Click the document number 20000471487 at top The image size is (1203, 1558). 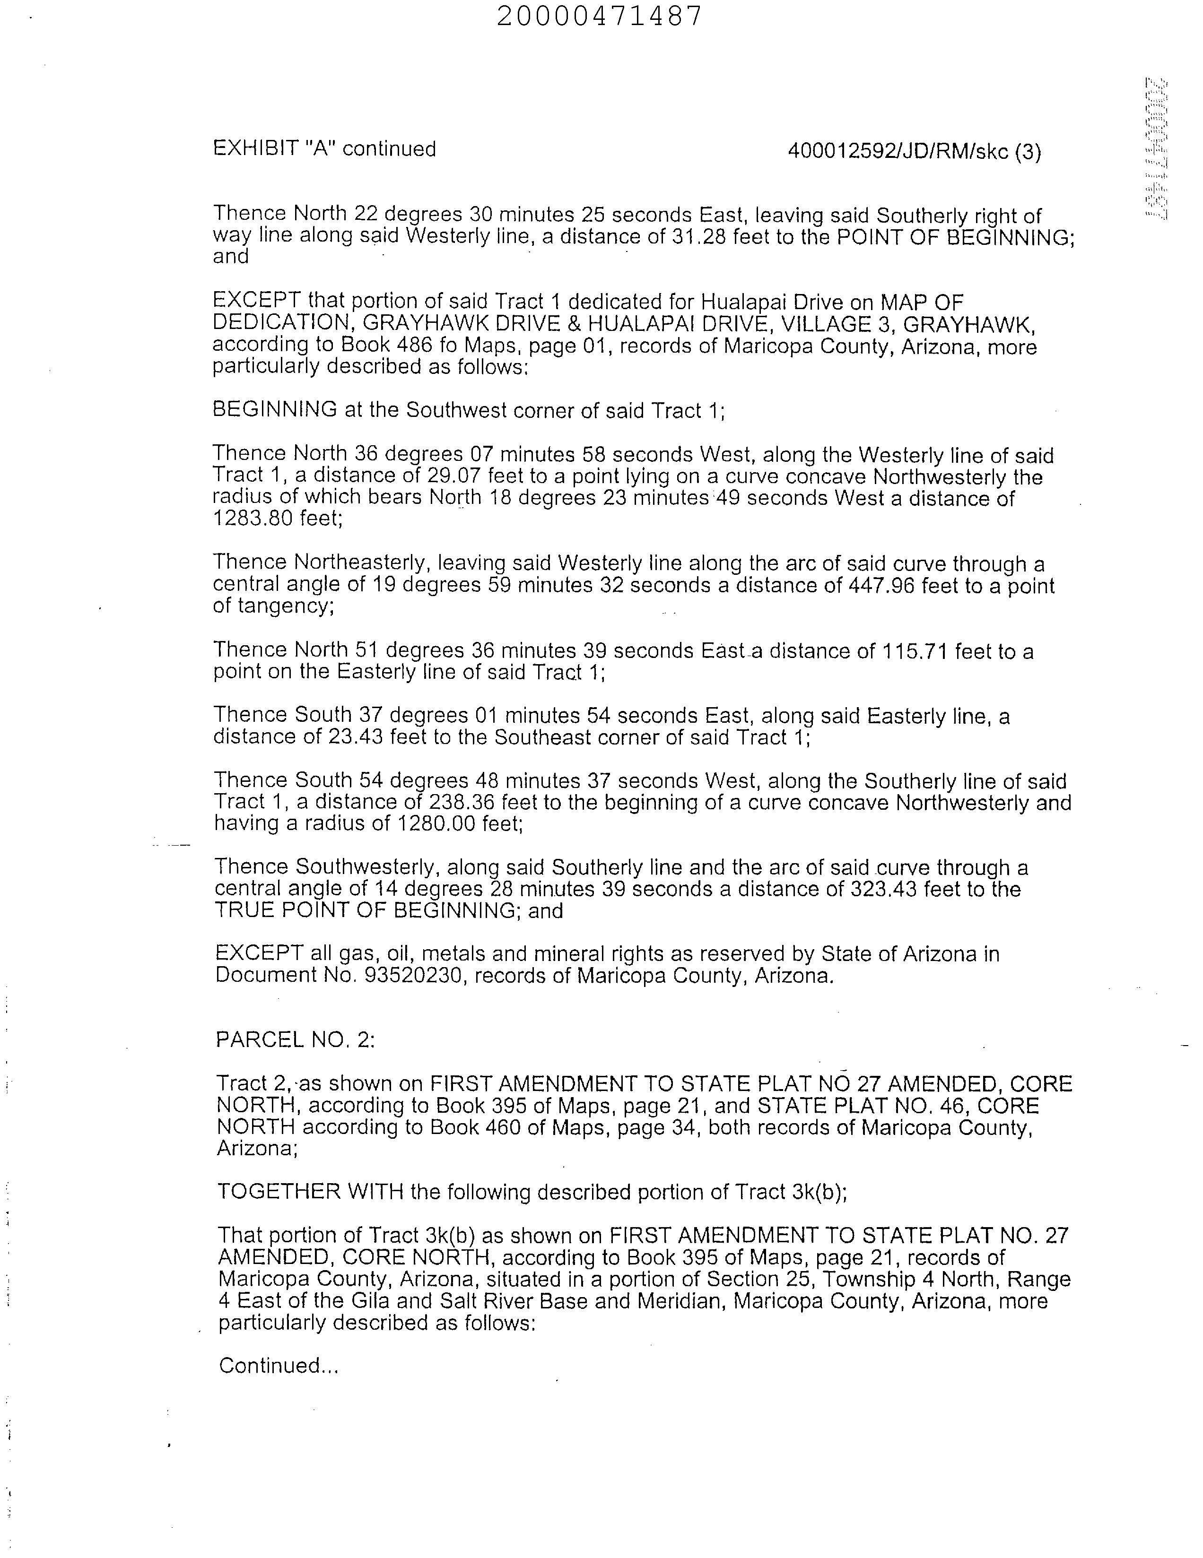(599, 16)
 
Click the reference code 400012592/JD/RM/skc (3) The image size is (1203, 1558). (914, 151)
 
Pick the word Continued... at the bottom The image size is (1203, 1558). (278, 1366)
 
